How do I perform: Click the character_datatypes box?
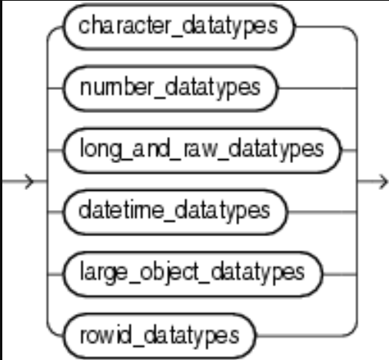click(179, 27)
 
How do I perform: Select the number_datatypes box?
click(171, 88)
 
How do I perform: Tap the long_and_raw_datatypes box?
click(202, 151)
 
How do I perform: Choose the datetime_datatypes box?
click(175, 212)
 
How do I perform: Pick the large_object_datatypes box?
click(193, 275)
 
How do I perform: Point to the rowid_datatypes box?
click(159, 336)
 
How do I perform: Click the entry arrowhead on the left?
click(29, 182)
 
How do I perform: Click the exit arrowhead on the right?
click(384, 182)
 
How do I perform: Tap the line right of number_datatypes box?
click(318, 88)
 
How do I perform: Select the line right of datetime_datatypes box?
click(322, 212)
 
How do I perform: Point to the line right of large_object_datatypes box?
click(340, 275)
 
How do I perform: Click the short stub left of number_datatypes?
click(55, 88)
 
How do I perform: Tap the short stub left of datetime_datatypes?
click(55, 212)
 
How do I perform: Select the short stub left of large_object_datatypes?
click(55, 275)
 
